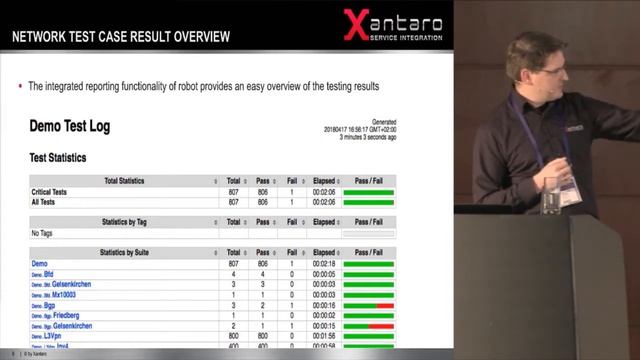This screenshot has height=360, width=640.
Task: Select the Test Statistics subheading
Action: (x=58, y=158)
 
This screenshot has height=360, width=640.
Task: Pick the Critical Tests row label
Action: (x=52, y=192)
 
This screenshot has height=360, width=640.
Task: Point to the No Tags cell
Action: (x=42, y=232)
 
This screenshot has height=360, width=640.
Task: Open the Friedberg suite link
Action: (x=66, y=315)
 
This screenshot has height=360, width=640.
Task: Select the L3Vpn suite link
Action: (x=55, y=336)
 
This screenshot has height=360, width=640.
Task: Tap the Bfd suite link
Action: (x=48, y=274)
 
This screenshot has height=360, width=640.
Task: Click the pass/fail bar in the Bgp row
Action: (x=368, y=305)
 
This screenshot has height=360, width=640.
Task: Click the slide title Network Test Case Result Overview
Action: (x=120, y=37)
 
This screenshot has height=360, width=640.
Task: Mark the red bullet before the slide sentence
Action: (x=21, y=86)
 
